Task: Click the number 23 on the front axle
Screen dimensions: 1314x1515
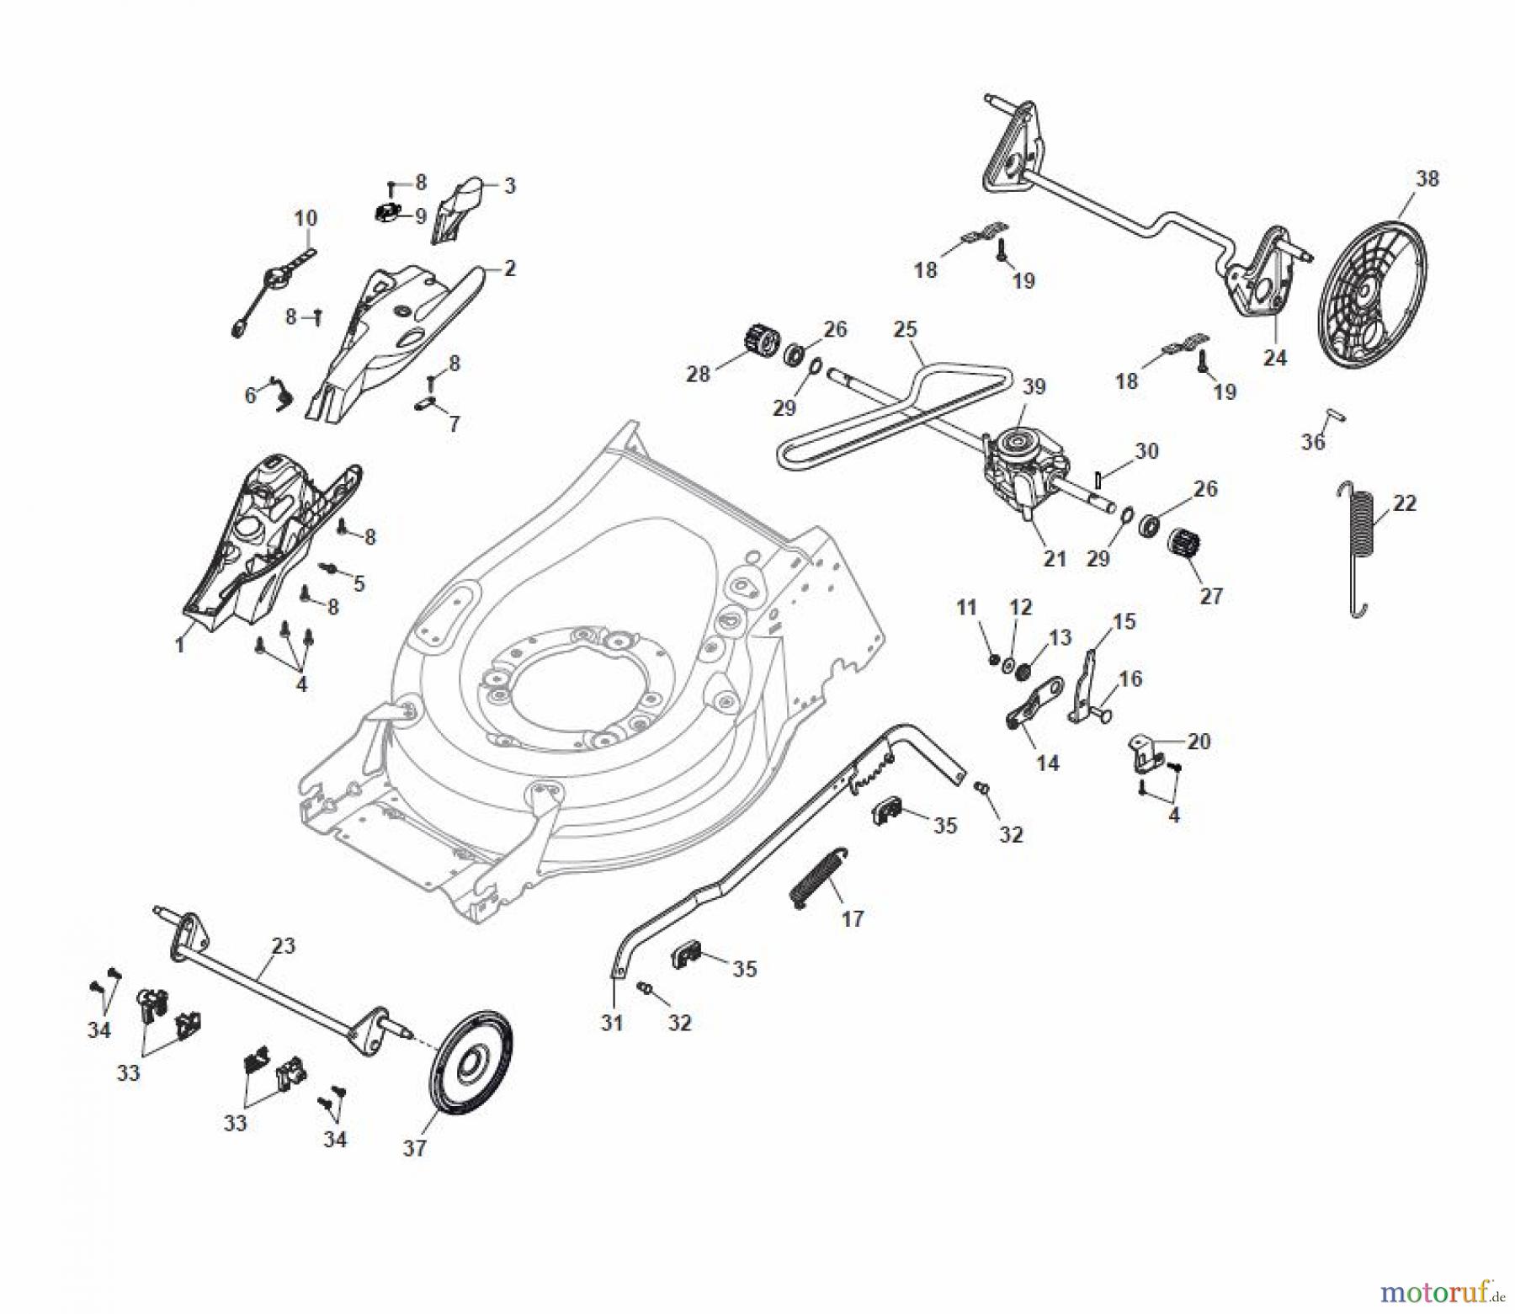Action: [x=284, y=945]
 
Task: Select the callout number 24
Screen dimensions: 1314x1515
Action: [x=1275, y=358]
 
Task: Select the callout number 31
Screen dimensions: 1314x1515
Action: [x=612, y=1023]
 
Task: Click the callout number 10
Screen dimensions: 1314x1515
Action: [x=306, y=218]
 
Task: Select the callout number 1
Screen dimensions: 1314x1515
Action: [x=179, y=645]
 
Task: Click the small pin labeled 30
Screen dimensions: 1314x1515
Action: [x=1099, y=479]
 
